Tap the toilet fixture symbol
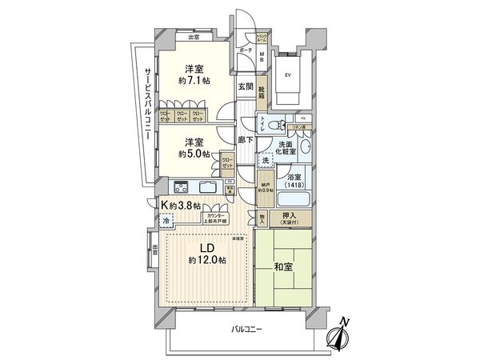tap(272, 124)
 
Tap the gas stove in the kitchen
tap(178, 189)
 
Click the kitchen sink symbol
tap(206, 189)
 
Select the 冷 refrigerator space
tap(167, 220)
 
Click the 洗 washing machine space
tap(265, 162)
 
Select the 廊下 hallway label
tap(246, 139)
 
